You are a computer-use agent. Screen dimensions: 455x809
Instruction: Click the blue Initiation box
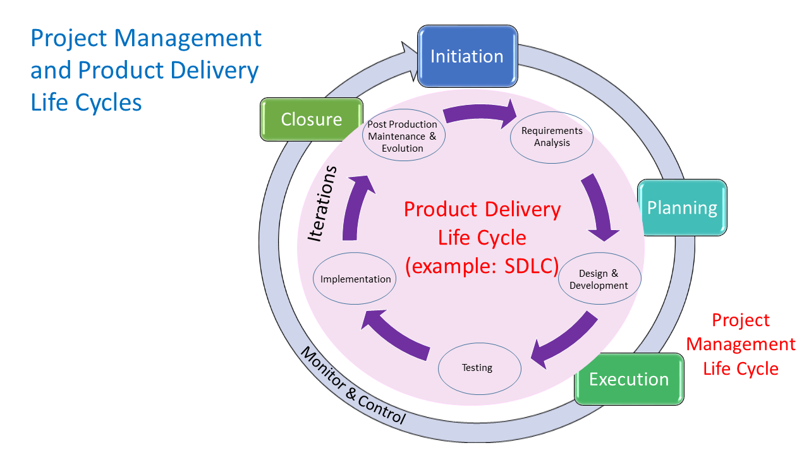click(x=467, y=56)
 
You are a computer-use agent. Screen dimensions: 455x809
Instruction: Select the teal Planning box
click(x=682, y=208)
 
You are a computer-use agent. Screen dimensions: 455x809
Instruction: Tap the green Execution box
click(x=629, y=379)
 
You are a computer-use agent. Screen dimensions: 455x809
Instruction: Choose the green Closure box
click(x=311, y=119)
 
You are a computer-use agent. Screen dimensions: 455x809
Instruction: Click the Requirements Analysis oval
click(x=552, y=136)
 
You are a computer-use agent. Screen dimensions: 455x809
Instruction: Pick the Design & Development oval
click(x=599, y=279)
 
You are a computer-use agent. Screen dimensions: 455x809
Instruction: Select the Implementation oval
click(x=355, y=279)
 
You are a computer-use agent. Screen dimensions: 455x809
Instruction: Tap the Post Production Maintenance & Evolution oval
click(x=403, y=136)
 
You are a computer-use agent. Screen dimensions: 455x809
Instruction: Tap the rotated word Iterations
click(x=322, y=203)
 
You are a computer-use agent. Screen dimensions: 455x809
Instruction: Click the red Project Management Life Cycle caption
click(x=741, y=344)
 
